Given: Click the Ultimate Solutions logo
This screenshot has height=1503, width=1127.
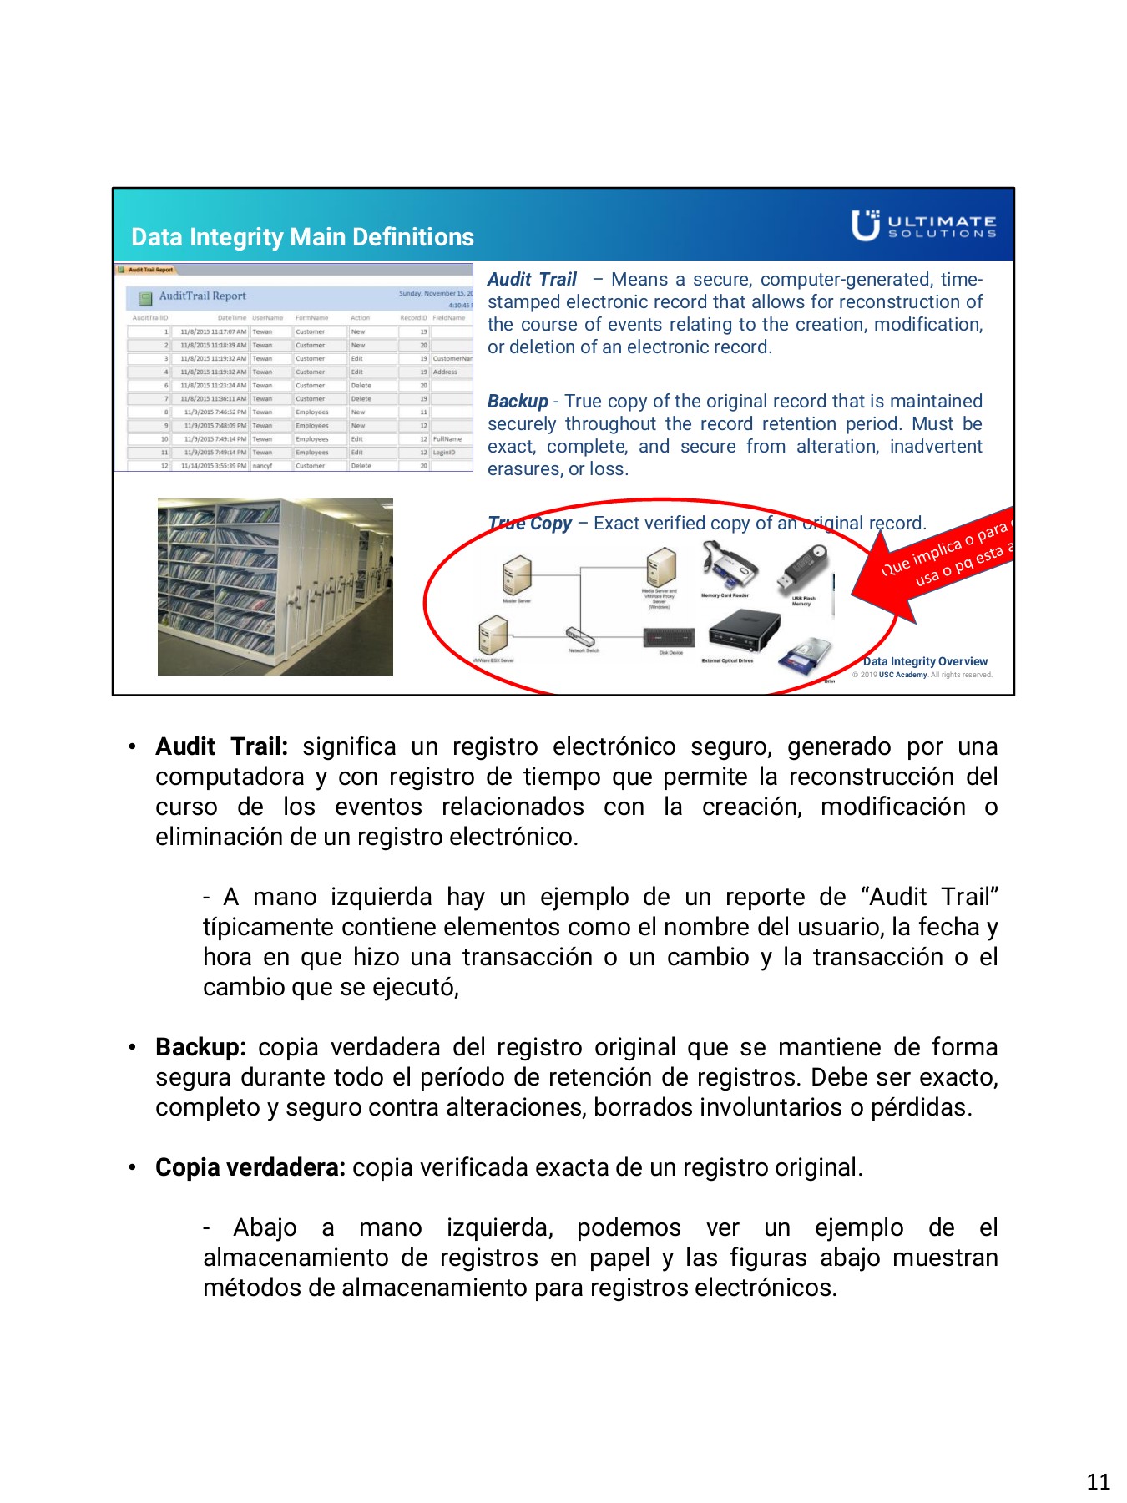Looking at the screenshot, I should point(923,225).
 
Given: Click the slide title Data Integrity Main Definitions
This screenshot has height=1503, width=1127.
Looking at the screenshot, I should point(302,237).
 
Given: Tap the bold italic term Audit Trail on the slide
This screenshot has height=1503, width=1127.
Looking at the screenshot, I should point(532,280).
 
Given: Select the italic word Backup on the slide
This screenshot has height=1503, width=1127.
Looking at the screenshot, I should point(518,402).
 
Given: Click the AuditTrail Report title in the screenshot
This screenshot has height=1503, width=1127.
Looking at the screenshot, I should point(202,296).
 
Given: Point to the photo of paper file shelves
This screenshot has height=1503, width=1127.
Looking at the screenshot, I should point(275,587).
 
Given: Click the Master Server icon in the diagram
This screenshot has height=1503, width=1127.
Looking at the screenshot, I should point(517,575).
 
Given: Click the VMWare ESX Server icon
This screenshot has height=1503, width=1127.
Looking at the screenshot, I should point(493,635).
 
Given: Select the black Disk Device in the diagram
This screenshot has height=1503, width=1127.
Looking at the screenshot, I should point(670,638).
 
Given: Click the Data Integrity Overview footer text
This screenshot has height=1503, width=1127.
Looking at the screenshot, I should point(925,661).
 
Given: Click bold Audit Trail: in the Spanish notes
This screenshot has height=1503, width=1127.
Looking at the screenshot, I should point(221,746).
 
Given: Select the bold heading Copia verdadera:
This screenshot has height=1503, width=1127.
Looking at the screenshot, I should point(250,1167).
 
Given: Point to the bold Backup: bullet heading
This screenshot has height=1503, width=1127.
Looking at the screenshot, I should point(200,1047).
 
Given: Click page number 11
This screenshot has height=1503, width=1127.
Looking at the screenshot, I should point(1098,1481).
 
